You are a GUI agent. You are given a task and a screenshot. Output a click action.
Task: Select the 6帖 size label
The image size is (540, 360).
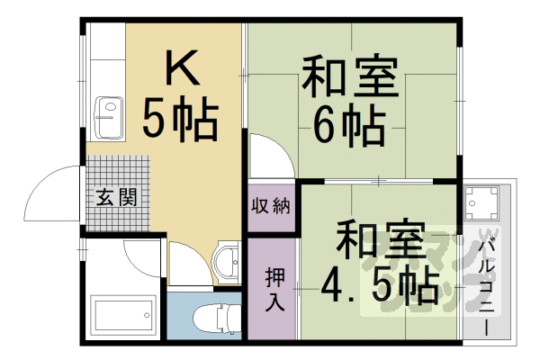[x=350, y=126]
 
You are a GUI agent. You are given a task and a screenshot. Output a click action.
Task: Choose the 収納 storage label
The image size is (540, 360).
[x=271, y=205]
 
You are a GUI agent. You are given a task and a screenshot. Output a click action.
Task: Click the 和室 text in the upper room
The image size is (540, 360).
[x=350, y=78]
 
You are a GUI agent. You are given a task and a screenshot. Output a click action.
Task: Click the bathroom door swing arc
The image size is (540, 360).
[x=139, y=256]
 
